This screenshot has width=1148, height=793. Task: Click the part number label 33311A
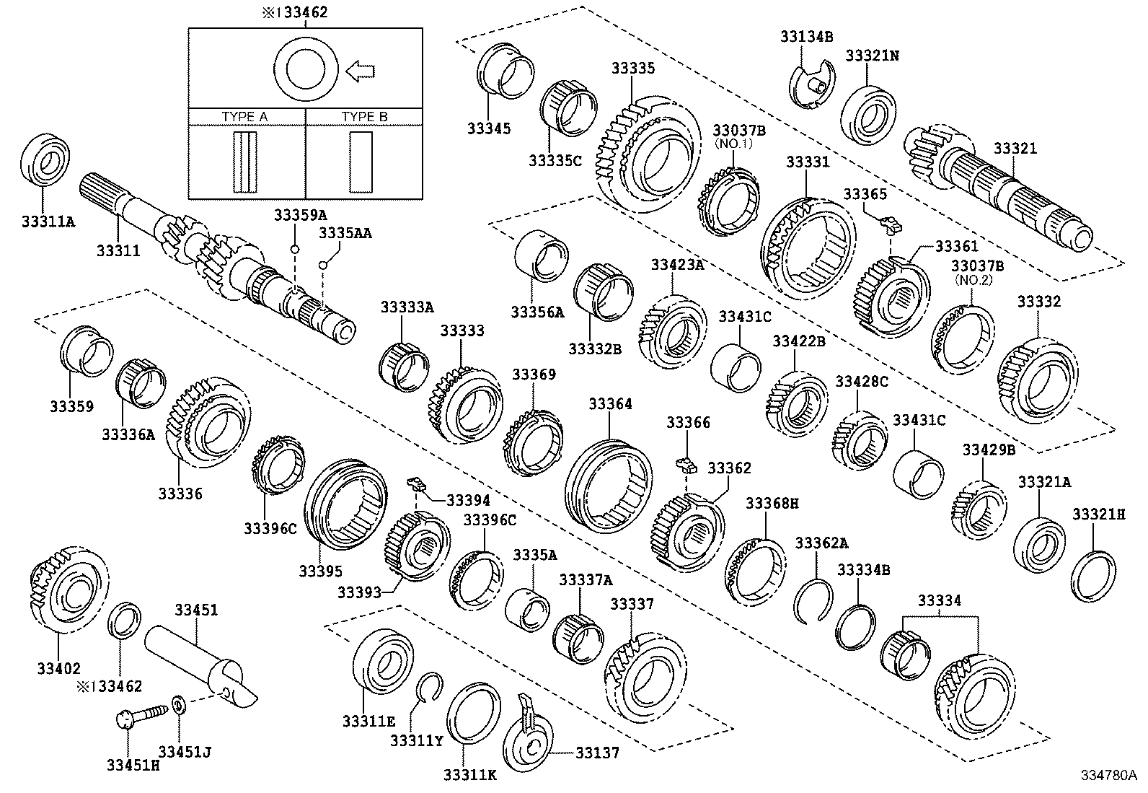pyautogui.click(x=48, y=222)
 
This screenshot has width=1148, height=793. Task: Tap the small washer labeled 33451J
pyautogui.click(x=179, y=703)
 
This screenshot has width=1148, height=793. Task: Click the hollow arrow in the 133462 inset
pyautogui.click(x=361, y=71)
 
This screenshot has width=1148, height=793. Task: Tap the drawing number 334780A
pyautogui.click(x=1108, y=776)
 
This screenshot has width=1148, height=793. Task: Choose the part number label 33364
pyautogui.click(x=610, y=404)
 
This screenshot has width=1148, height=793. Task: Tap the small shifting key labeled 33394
pyautogui.click(x=415, y=482)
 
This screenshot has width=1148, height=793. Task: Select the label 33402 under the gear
pyautogui.click(x=59, y=668)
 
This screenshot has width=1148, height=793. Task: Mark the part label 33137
pyautogui.click(x=597, y=753)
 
